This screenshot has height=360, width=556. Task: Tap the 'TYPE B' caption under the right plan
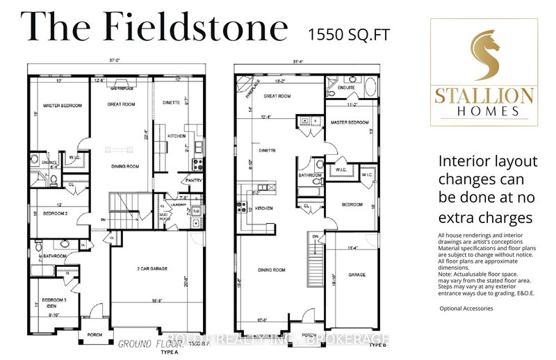377,345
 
